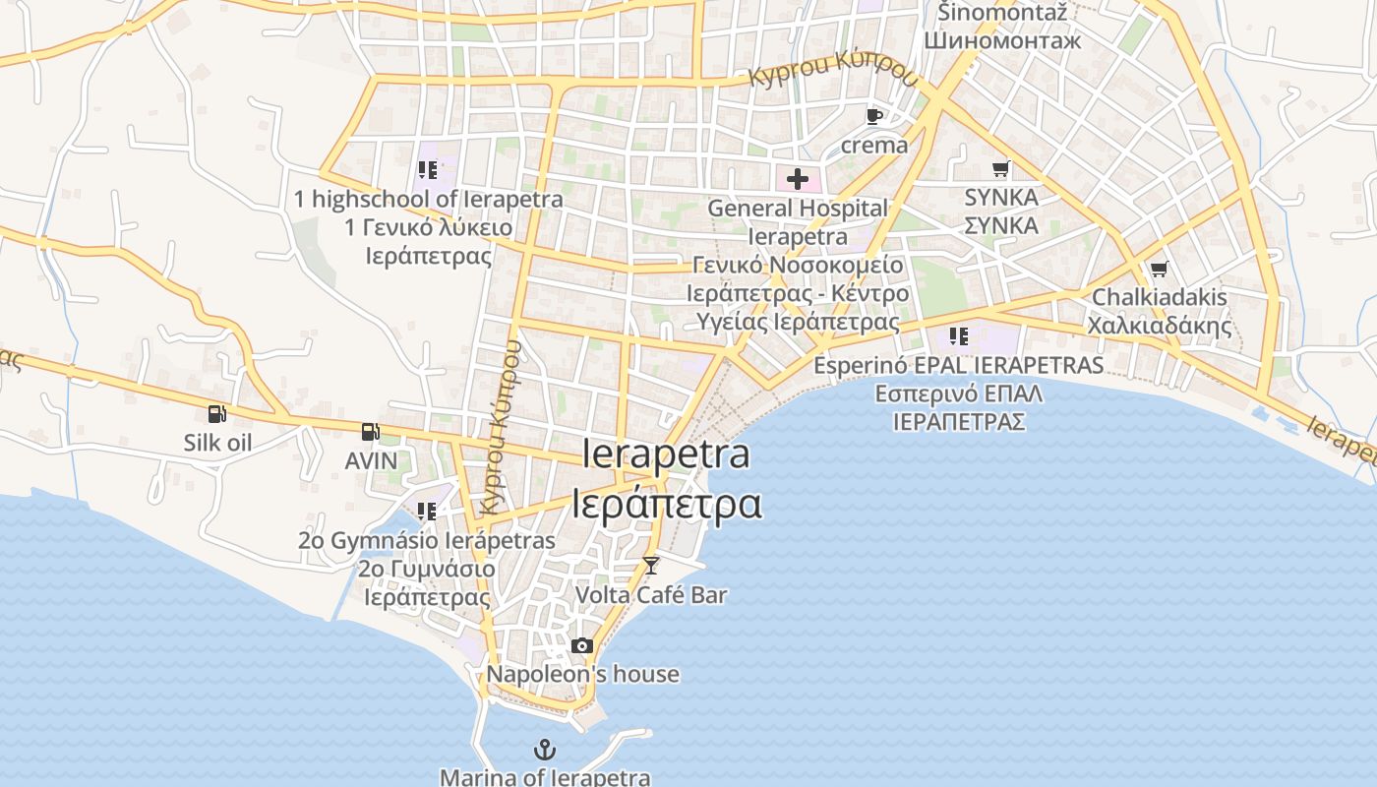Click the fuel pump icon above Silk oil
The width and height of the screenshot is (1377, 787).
pyautogui.click(x=216, y=415)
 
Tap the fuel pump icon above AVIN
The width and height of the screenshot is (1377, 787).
pyautogui.click(x=370, y=431)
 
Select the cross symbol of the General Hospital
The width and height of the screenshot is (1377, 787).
pyautogui.click(x=797, y=179)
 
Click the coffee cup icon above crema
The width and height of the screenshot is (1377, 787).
pyautogui.click(x=873, y=116)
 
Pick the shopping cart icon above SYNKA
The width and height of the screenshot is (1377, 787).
pyautogui.click(x=1000, y=169)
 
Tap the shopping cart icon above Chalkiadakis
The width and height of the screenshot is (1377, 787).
pyautogui.click(x=1159, y=269)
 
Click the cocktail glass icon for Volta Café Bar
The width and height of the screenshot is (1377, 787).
pyautogui.click(x=650, y=565)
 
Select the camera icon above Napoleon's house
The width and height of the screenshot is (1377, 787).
pyautogui.click(x=582, y=645)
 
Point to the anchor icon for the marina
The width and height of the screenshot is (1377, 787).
pyautogui.click(x=544, y=750)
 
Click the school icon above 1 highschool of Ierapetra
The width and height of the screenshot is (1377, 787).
pyautogui.click(x=427, y=170)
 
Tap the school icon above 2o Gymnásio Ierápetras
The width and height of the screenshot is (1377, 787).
pyautogui.click(x=426, y=512)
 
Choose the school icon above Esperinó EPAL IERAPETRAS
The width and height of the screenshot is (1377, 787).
pyautogui.click(x=958, y=336)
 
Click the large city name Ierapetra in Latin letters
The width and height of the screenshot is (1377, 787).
pyautogui.click(x=666, y=454)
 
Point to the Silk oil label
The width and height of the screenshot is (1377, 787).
pyautogui.click(x=217, y=443)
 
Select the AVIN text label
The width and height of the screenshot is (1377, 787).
pyautogui.click(x=371, y=460)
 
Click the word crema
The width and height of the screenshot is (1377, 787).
pyautogui.click(x=874, y=146)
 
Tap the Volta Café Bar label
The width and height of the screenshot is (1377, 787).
pyautogui.click(x=650, y=594)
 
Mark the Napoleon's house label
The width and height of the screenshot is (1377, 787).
pyautogui.click(x=582, y=675)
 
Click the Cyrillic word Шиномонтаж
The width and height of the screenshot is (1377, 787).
pyautogui.click(x=1001, y=40)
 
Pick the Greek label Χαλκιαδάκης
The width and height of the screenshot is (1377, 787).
pyautogui.click(x=1159, y=326)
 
